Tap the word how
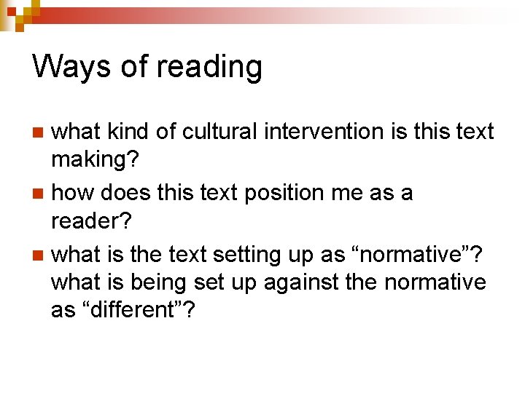[x=73, y=193]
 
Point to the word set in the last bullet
[x=225, y=282]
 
